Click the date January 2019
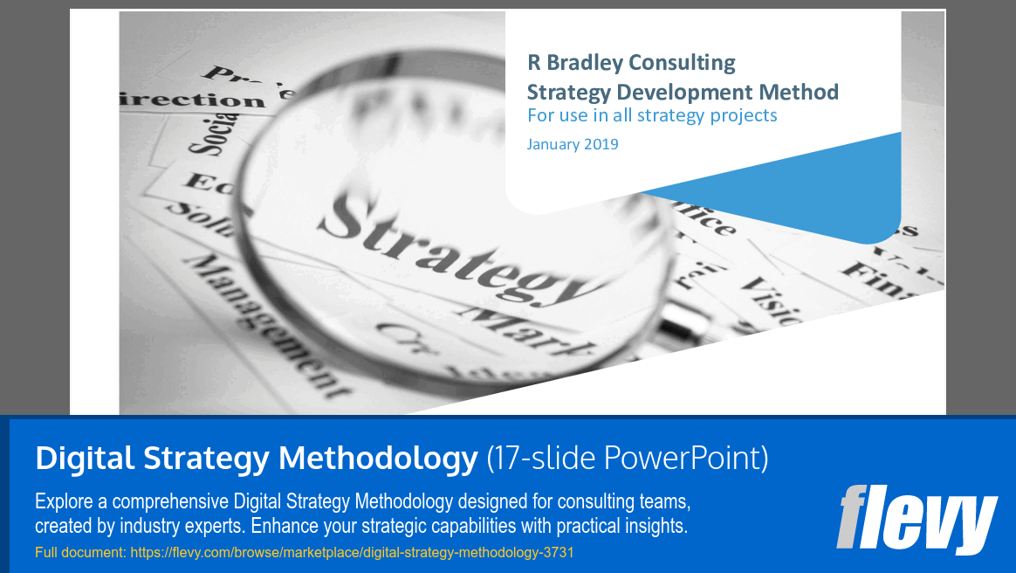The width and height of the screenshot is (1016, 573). [572, 144]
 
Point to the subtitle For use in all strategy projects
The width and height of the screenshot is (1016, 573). [651, 115]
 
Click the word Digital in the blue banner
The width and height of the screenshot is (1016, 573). [84, 458]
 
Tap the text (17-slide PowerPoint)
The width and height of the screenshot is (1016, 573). [627, 458]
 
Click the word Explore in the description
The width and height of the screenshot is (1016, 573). [64, 502]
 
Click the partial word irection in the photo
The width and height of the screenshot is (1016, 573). [191, 100]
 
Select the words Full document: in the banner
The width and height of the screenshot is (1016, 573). [80, 552]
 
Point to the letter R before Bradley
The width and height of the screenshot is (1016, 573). [533, 63]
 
